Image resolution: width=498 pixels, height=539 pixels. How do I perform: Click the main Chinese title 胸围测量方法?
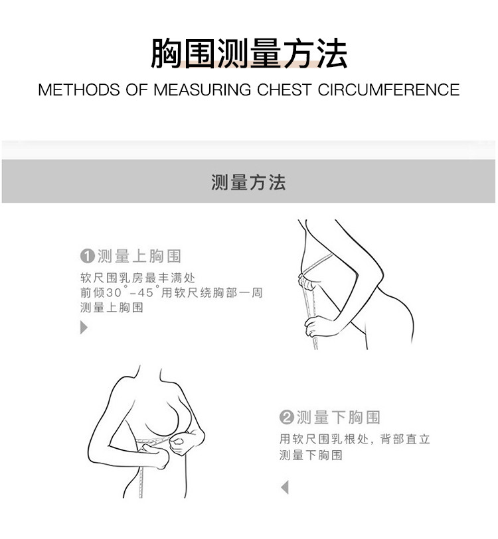click(x=249, y=53)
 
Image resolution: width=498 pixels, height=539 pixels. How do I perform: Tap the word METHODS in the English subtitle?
click(x=79, y=90)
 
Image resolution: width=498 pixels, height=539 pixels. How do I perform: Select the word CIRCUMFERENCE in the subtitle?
click(x=388, y=90)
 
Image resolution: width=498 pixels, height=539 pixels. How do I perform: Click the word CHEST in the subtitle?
click(x=284, y=90)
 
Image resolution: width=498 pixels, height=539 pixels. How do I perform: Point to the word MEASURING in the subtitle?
click(x=202, y=90)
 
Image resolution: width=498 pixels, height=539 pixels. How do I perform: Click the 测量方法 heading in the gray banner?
click(x=248, y=182)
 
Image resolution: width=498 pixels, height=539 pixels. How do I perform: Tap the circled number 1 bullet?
click(x=87, y=256)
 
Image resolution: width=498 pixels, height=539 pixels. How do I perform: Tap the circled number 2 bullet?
click(x=287, y=417)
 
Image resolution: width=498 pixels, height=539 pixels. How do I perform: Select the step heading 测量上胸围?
click(x=139, y=256)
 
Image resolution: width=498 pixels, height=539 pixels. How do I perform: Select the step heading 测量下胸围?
click(x=339, y=417)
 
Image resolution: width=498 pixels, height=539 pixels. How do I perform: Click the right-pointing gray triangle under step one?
click(x=84, y=328)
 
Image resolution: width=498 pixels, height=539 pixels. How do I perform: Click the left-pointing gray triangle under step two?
click(x=284, y=487)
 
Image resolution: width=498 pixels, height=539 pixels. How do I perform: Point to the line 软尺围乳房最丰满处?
click(x=137, y=277)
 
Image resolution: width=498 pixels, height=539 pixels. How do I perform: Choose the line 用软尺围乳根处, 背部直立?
click(x=355, y=439)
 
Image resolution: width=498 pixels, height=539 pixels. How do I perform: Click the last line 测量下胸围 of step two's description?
click(x=311, y=455)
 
